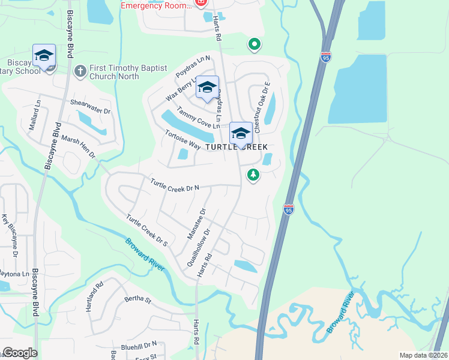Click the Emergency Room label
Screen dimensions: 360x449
[154, 5]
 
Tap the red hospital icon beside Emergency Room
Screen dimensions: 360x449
[200, 2]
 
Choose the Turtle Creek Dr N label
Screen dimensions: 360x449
[175, 185]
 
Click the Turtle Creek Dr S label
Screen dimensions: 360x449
[146, 229]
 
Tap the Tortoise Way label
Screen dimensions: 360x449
[183, 139]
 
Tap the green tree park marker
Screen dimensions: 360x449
[253, 175]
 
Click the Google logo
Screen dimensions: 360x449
[19, 353]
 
